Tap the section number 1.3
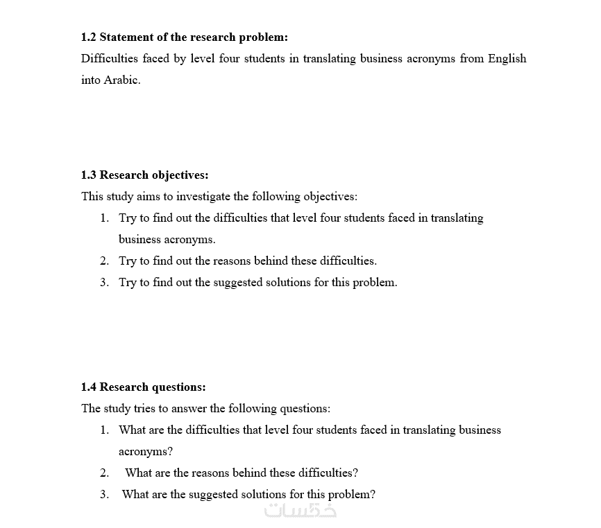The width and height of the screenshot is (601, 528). (89, 175)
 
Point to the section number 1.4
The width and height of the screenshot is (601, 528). (89, 387)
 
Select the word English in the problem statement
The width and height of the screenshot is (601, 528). (507, 58)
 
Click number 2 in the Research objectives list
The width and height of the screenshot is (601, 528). (103, 261)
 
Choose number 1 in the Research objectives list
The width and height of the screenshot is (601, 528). (103, 218)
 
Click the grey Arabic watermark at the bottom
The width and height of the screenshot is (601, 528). (300, 511)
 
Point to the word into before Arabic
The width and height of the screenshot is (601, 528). (90, 80)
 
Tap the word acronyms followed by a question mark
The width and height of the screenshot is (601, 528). (145, 451)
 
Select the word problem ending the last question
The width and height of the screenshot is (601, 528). (350, 494)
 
